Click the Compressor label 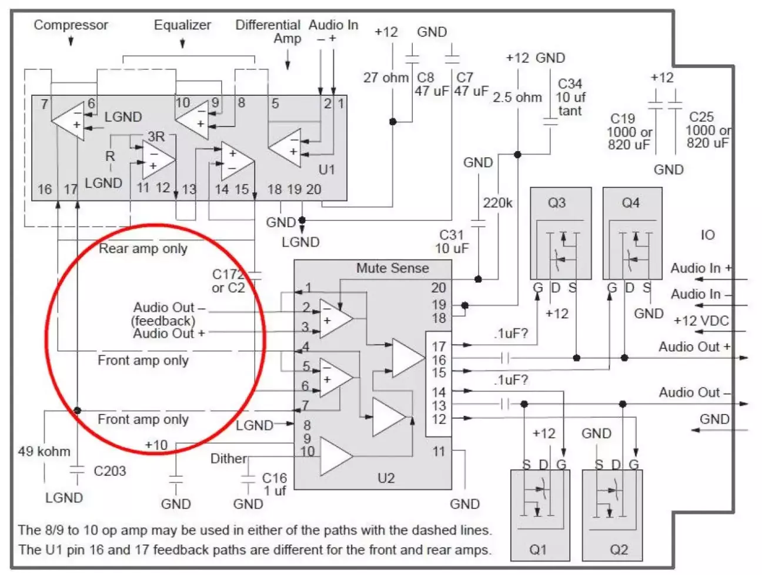tap(71, 25)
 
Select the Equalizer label tap(182, 25)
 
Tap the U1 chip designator tap(326, 169)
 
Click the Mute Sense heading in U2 tap(392, 268)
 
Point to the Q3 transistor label tap(556, 203)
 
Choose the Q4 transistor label tap(630, 203)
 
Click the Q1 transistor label tap(538, 549)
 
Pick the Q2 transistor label tap(619, 549)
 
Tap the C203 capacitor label tap(109, 471)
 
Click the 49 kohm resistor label tap(44, 452)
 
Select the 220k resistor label tap(497, 203)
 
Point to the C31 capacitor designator tap(452, 235)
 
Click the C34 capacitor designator tap(570, 84)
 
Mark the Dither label tap(229, 459)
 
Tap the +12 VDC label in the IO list tap(701, 321)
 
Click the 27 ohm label tap(386, 78)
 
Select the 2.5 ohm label tap(517, 97)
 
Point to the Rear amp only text tap(143, 248)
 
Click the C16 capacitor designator tap(275, 478)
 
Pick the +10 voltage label tap(156, 445)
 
